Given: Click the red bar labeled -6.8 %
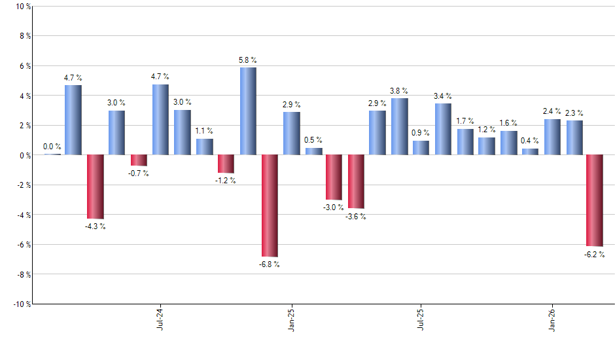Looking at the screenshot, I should pyautogui.click(x=270, y=206).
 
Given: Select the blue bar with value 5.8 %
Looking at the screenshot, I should pyautogui.click(x=248, y=111).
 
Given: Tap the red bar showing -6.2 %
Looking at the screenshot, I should pyautogui.click(x=594, y=200).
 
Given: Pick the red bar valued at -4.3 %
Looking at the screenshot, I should pyautogui.click(x=96, y=187).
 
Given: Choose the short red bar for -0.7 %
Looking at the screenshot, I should pyautogui.click(x=139, y=160).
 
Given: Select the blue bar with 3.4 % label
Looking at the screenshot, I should pyautogui.click(x=443, y=129).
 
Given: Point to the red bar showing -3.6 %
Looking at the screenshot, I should pyautogui.click(x=356, y=181).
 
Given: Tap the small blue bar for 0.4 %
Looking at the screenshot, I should pyautogui.click(x=530, y=152).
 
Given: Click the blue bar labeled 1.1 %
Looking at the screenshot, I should pyautogui.click(x=205, y=147).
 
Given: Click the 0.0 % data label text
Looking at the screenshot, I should pyautogui.click(x=52, y=147).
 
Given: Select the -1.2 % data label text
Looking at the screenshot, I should pyautogui.click(x=226, y=181).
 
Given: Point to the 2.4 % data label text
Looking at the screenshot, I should pyautogui.click(x=552, y=111).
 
